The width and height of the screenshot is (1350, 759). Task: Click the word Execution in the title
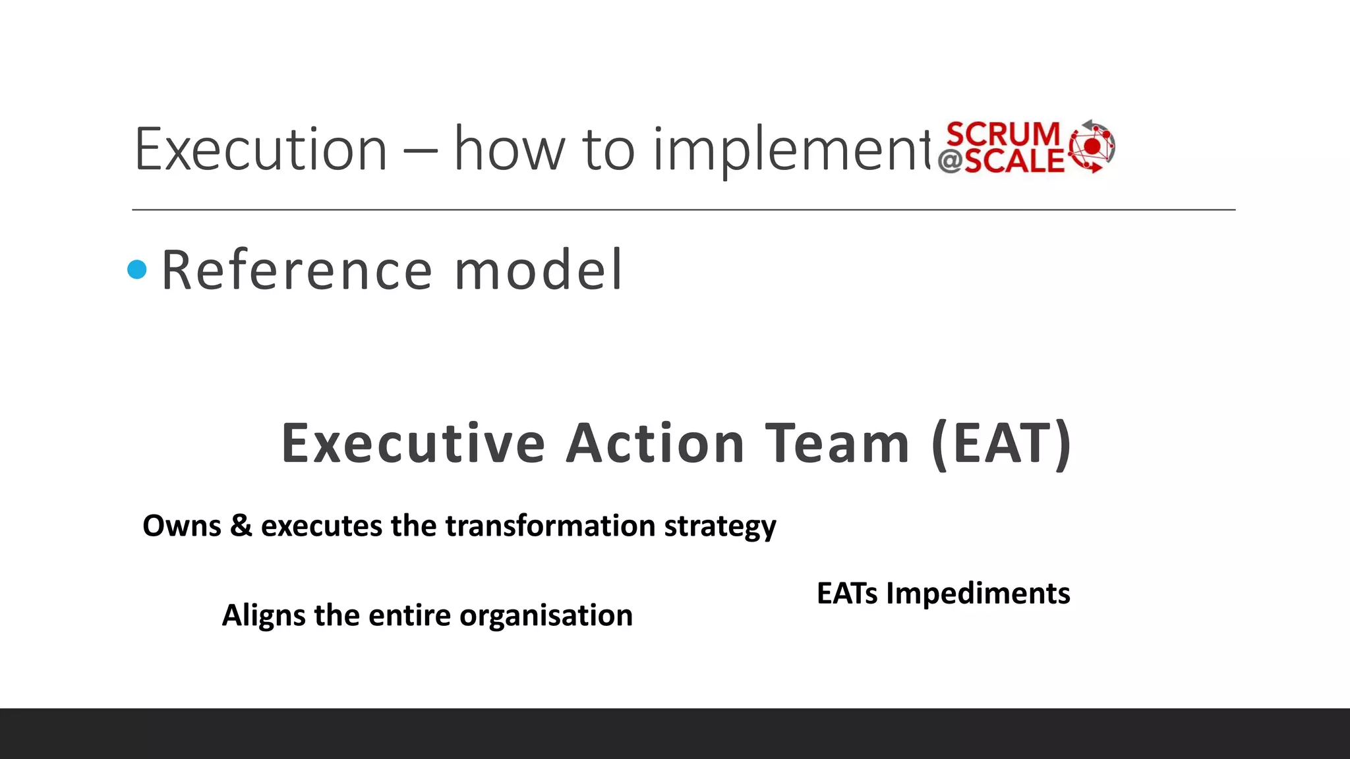261,150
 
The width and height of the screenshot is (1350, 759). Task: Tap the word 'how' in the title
510,150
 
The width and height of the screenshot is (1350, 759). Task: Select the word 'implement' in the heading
791,152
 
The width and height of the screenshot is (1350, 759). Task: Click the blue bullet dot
137,269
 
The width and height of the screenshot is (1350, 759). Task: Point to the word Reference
297,270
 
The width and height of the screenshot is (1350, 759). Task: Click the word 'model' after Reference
538,270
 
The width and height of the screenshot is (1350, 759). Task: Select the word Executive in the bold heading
413,443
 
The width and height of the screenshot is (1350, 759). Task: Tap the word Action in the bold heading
656,443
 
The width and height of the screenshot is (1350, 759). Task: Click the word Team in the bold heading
837,443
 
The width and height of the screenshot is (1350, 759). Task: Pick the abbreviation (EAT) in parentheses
1002,445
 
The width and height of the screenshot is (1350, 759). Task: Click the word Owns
182,526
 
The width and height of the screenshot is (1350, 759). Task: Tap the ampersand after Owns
241,526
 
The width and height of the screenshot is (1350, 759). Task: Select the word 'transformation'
550,526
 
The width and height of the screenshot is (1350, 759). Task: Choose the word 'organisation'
546,616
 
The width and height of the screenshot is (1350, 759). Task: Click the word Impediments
978,594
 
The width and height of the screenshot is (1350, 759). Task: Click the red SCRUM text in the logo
1003,134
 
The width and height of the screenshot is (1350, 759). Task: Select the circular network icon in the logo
1092,146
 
